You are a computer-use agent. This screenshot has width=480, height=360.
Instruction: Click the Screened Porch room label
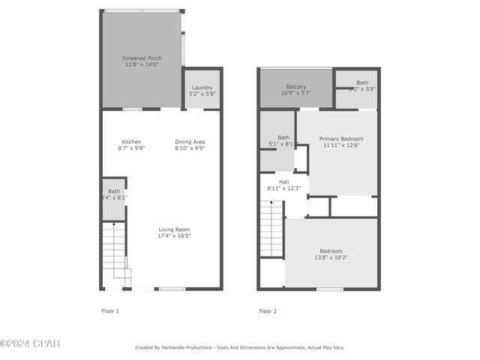142,58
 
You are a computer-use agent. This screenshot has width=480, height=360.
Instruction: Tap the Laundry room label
202,88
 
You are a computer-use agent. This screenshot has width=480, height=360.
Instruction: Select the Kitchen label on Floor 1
131,142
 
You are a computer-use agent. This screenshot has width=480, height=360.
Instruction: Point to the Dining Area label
190,142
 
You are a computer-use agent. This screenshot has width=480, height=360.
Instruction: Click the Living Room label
173,229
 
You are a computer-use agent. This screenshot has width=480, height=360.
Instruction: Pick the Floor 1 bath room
113,199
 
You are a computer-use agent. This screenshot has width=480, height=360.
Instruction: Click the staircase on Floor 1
115,255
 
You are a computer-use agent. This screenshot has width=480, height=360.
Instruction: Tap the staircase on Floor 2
271,229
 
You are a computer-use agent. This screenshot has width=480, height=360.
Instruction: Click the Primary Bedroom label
341,139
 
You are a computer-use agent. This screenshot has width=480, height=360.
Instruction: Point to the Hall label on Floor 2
284,181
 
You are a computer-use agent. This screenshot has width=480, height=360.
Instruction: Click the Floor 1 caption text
110,310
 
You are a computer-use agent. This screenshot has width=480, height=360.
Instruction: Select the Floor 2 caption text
268,310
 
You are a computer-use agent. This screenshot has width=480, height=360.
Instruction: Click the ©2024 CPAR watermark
29,343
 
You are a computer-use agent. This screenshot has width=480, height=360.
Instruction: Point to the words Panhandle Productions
186,348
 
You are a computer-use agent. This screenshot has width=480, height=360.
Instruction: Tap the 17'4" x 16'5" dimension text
173,236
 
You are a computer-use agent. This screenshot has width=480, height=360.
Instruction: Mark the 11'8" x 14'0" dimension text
142,65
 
